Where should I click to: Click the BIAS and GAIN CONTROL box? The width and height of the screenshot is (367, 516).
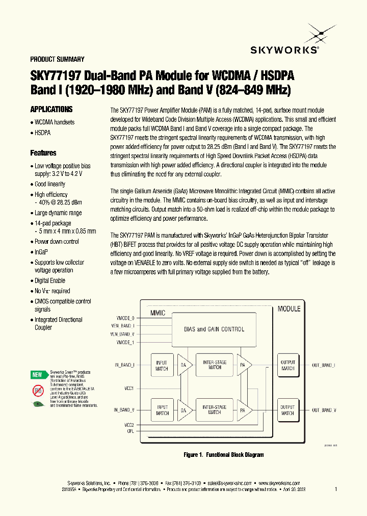click(x=214, y=329)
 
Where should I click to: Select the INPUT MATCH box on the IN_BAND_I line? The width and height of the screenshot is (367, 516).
click(x=162, y=365)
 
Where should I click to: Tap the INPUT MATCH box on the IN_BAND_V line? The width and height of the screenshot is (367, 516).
click(x=162, y=410)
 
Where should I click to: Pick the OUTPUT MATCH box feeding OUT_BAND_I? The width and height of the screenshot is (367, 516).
click(x=287, y=365)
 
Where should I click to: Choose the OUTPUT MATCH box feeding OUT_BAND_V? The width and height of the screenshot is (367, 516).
click(x=287, y=410)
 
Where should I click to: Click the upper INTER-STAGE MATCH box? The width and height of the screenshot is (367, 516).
click(x=215, y=365)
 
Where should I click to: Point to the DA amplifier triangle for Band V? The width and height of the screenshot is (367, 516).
click(x=185, y=410)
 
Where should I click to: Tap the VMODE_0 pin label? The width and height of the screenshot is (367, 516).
click(x=125, y=318)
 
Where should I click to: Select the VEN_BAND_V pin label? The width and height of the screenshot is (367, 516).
click(x=122, y=334)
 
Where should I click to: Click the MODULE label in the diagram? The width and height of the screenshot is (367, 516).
click(x=289, y=308)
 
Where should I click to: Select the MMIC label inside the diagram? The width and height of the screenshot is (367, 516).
click(x=157, y=313)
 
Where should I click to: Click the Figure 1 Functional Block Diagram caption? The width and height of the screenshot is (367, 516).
click(x=223, y=454)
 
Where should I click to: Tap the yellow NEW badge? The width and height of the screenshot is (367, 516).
click(x=37, y=375)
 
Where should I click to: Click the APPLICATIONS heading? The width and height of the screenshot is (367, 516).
click(x=51, y=109)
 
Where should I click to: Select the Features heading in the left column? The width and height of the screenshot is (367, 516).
click(x=43, y=152)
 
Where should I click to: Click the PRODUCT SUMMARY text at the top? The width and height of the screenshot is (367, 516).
click(x=58, y=59)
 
